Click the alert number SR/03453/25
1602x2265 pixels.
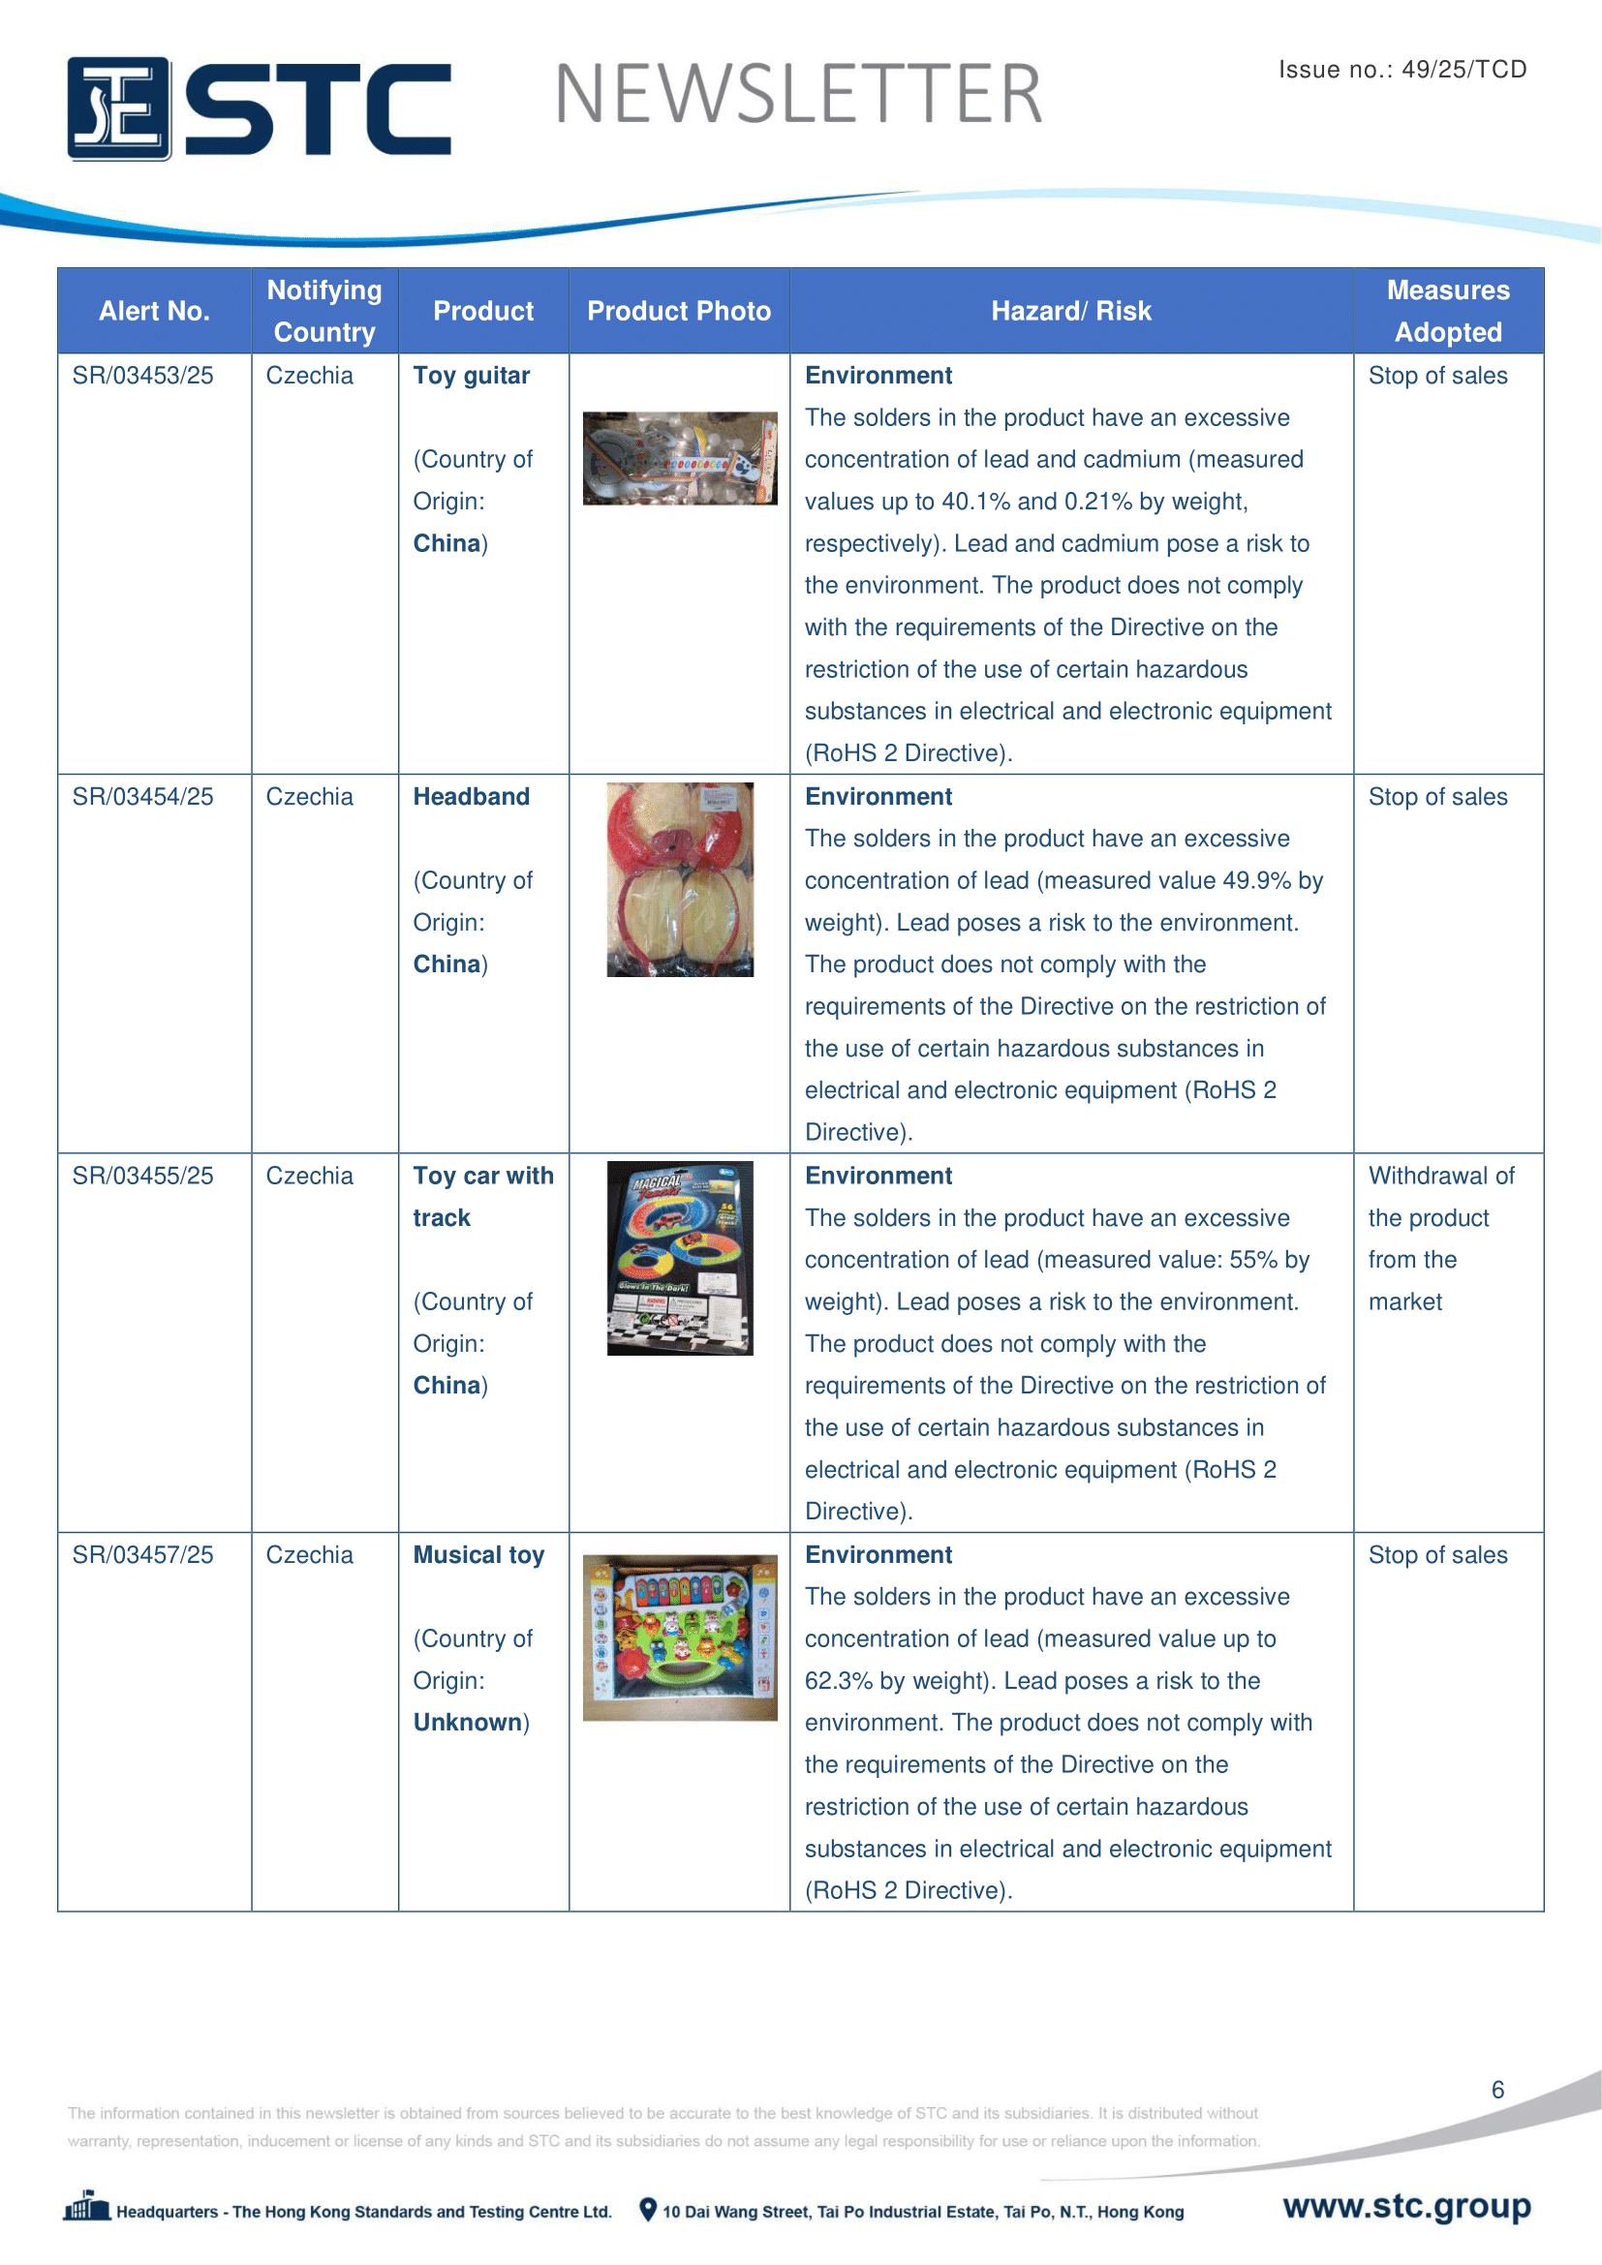(x=142, y=376)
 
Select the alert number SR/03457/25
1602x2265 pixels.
(x=142, y=1555)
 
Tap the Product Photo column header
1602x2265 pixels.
(x=679, y=311)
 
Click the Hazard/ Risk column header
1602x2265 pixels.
(x=1070, y=311)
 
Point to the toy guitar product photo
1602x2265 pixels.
(x=679, y=459)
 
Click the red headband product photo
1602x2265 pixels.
(x=680, y=879)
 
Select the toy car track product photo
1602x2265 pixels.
(x=680, y=1258)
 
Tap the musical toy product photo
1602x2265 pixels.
(x=680, y=1638)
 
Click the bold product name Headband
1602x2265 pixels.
(x=471, y=796)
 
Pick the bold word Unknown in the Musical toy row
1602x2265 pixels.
(x=468, y=1723)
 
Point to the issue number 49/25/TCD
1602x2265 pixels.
(x=1463, y=69)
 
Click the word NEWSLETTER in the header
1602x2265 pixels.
(x=798, y=95)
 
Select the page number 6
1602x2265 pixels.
(x=1497, y=2090)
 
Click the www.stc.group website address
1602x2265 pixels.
(x=1406, y=2206)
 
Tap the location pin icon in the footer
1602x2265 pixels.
(x=648, y=2210)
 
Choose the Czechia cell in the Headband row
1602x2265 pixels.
(x=309, y=796)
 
